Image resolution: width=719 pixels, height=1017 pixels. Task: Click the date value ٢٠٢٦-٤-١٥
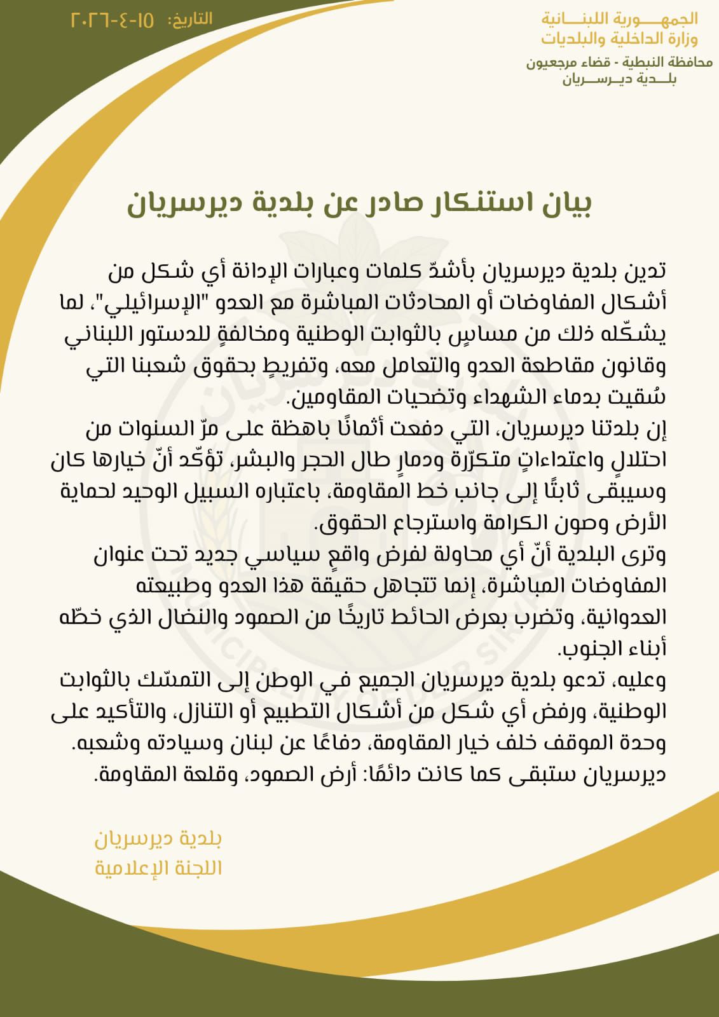pyautogui.click(x=112, y=20)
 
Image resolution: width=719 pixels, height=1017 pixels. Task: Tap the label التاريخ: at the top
pyautogui.click(x=189, y=20)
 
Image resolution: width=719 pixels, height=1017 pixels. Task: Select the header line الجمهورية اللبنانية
pyautogui.click(x=619, y=18)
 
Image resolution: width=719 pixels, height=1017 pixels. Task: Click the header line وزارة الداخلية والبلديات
pyautogui.click(x=619, y=39)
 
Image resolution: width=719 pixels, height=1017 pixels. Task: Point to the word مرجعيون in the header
pyautogui.click(x=551, y=62)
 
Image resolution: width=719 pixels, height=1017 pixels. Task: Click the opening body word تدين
pyautogui.click(x=646, y=271)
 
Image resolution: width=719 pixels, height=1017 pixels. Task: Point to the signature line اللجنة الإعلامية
pyautogui.click(x=158, y=868)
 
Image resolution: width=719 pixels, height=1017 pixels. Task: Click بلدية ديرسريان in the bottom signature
pyautogui.click(x=158, y=839)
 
